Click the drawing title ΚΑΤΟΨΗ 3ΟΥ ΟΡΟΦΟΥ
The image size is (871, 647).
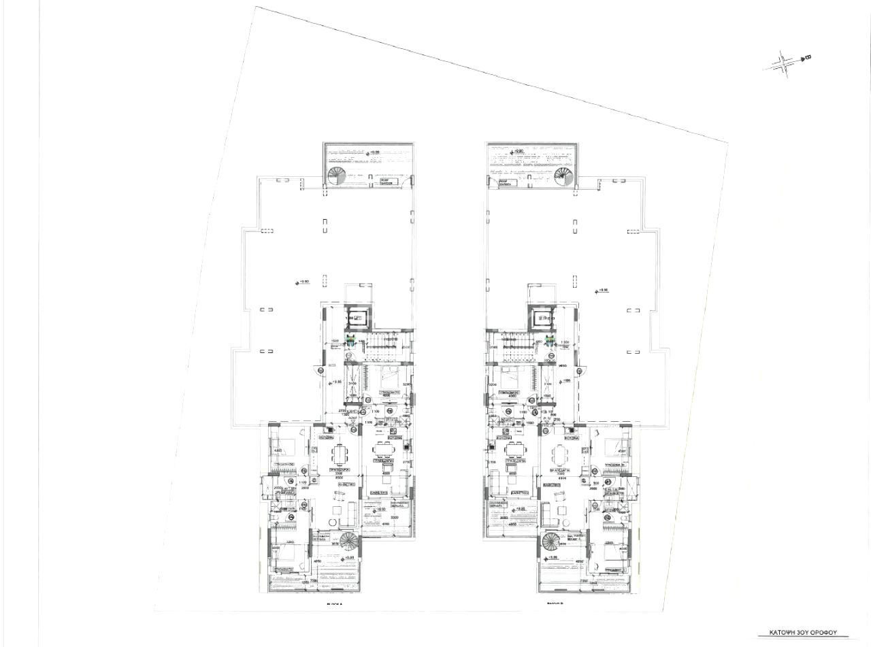[806, 632]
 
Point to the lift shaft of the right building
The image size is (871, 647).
[544, 318]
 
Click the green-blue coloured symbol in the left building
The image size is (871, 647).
[350, 341]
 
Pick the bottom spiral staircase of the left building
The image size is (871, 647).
[349, 542]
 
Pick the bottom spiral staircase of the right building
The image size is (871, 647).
[551, 542]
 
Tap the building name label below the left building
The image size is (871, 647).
[333, 603]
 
